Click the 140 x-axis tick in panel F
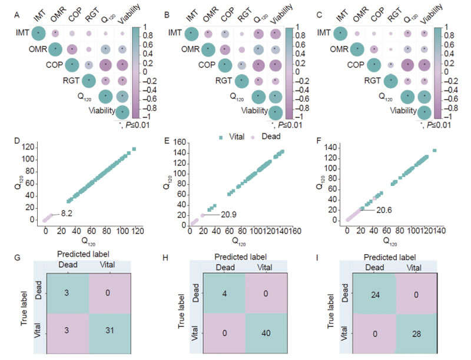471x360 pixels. [439, 231]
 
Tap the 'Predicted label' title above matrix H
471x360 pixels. [246, 256]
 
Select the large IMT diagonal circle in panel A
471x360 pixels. [38, 34]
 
